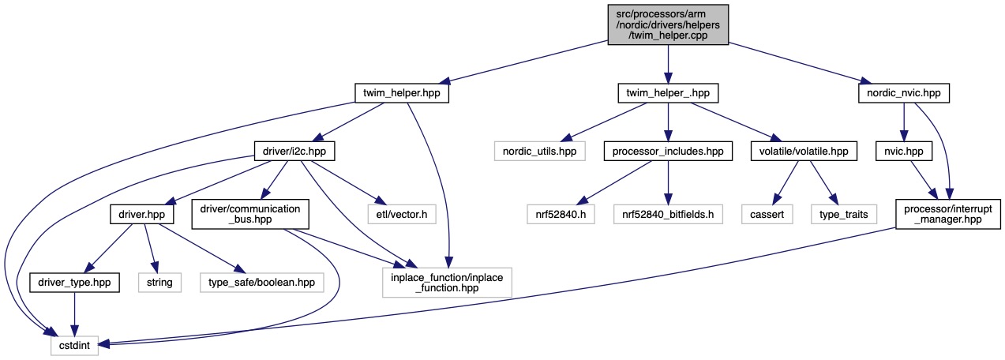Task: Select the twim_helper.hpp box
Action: pyautogui.click(x=402, y=93)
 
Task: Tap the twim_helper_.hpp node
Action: pyautogui.click(x=667, y=93)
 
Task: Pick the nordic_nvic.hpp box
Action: pyautogui.click(x=903, y=93)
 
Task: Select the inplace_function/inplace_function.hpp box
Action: pyautogui.click(x=447, y=281)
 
